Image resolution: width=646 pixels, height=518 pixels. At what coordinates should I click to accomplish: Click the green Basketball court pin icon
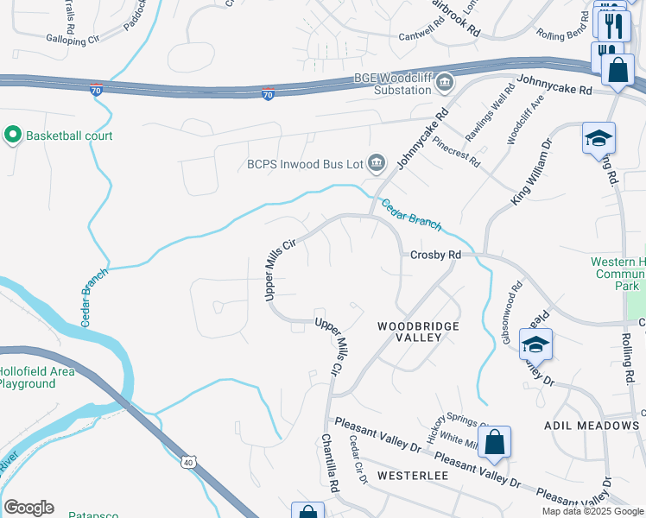12,136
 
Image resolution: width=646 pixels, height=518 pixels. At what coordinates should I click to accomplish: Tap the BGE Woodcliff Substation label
392,84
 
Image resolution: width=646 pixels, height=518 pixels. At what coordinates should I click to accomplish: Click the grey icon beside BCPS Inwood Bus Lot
376,162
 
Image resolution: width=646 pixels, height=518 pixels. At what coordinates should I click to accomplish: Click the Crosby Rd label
435,255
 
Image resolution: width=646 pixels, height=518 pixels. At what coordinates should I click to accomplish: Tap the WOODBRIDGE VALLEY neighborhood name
418,332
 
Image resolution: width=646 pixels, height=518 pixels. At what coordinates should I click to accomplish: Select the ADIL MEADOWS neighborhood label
592,426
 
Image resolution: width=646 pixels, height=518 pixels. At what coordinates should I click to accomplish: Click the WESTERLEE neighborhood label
410,476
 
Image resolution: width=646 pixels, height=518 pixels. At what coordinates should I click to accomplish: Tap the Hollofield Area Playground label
38,377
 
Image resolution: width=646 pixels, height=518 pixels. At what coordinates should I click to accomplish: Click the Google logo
28,508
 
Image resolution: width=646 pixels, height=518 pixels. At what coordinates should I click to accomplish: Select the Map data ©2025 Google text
593,511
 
